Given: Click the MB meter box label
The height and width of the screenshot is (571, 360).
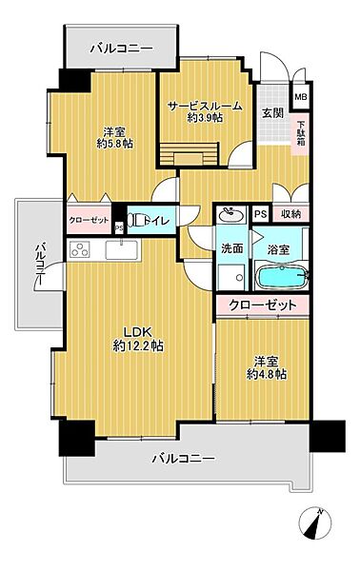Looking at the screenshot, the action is [301, 97].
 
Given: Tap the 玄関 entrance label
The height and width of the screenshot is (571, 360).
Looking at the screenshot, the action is [273, 113].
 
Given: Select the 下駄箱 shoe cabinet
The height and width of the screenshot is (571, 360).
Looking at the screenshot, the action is [301, 133].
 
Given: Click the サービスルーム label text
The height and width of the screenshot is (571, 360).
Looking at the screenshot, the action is [205, 107].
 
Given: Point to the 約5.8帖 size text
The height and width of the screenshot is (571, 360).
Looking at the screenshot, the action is [114, 144].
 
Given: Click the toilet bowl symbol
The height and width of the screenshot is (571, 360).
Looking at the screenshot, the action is [135, 220].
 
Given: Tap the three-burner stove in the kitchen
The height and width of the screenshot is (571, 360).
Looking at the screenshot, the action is [80, 250].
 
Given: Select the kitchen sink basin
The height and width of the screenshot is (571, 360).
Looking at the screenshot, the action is [121, 249].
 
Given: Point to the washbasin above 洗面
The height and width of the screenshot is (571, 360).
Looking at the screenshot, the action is [231, 215].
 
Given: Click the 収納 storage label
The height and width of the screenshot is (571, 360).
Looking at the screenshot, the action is [290, 214].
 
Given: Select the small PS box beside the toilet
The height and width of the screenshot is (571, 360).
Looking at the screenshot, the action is [118, 228].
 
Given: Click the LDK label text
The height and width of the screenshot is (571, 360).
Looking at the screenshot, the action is [137, 332].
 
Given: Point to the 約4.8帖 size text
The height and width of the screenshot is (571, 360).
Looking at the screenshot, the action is [266, 374].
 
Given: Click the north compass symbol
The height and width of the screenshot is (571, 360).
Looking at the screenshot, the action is [315, 523].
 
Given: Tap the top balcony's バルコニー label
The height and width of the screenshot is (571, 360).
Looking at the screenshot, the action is [122, 49].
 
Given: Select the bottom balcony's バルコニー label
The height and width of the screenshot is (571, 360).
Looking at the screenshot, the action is [184, 458].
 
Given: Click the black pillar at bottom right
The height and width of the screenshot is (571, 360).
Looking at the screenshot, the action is [328, 436].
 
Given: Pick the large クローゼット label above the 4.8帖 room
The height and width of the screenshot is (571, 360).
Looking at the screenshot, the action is [262, 305].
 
